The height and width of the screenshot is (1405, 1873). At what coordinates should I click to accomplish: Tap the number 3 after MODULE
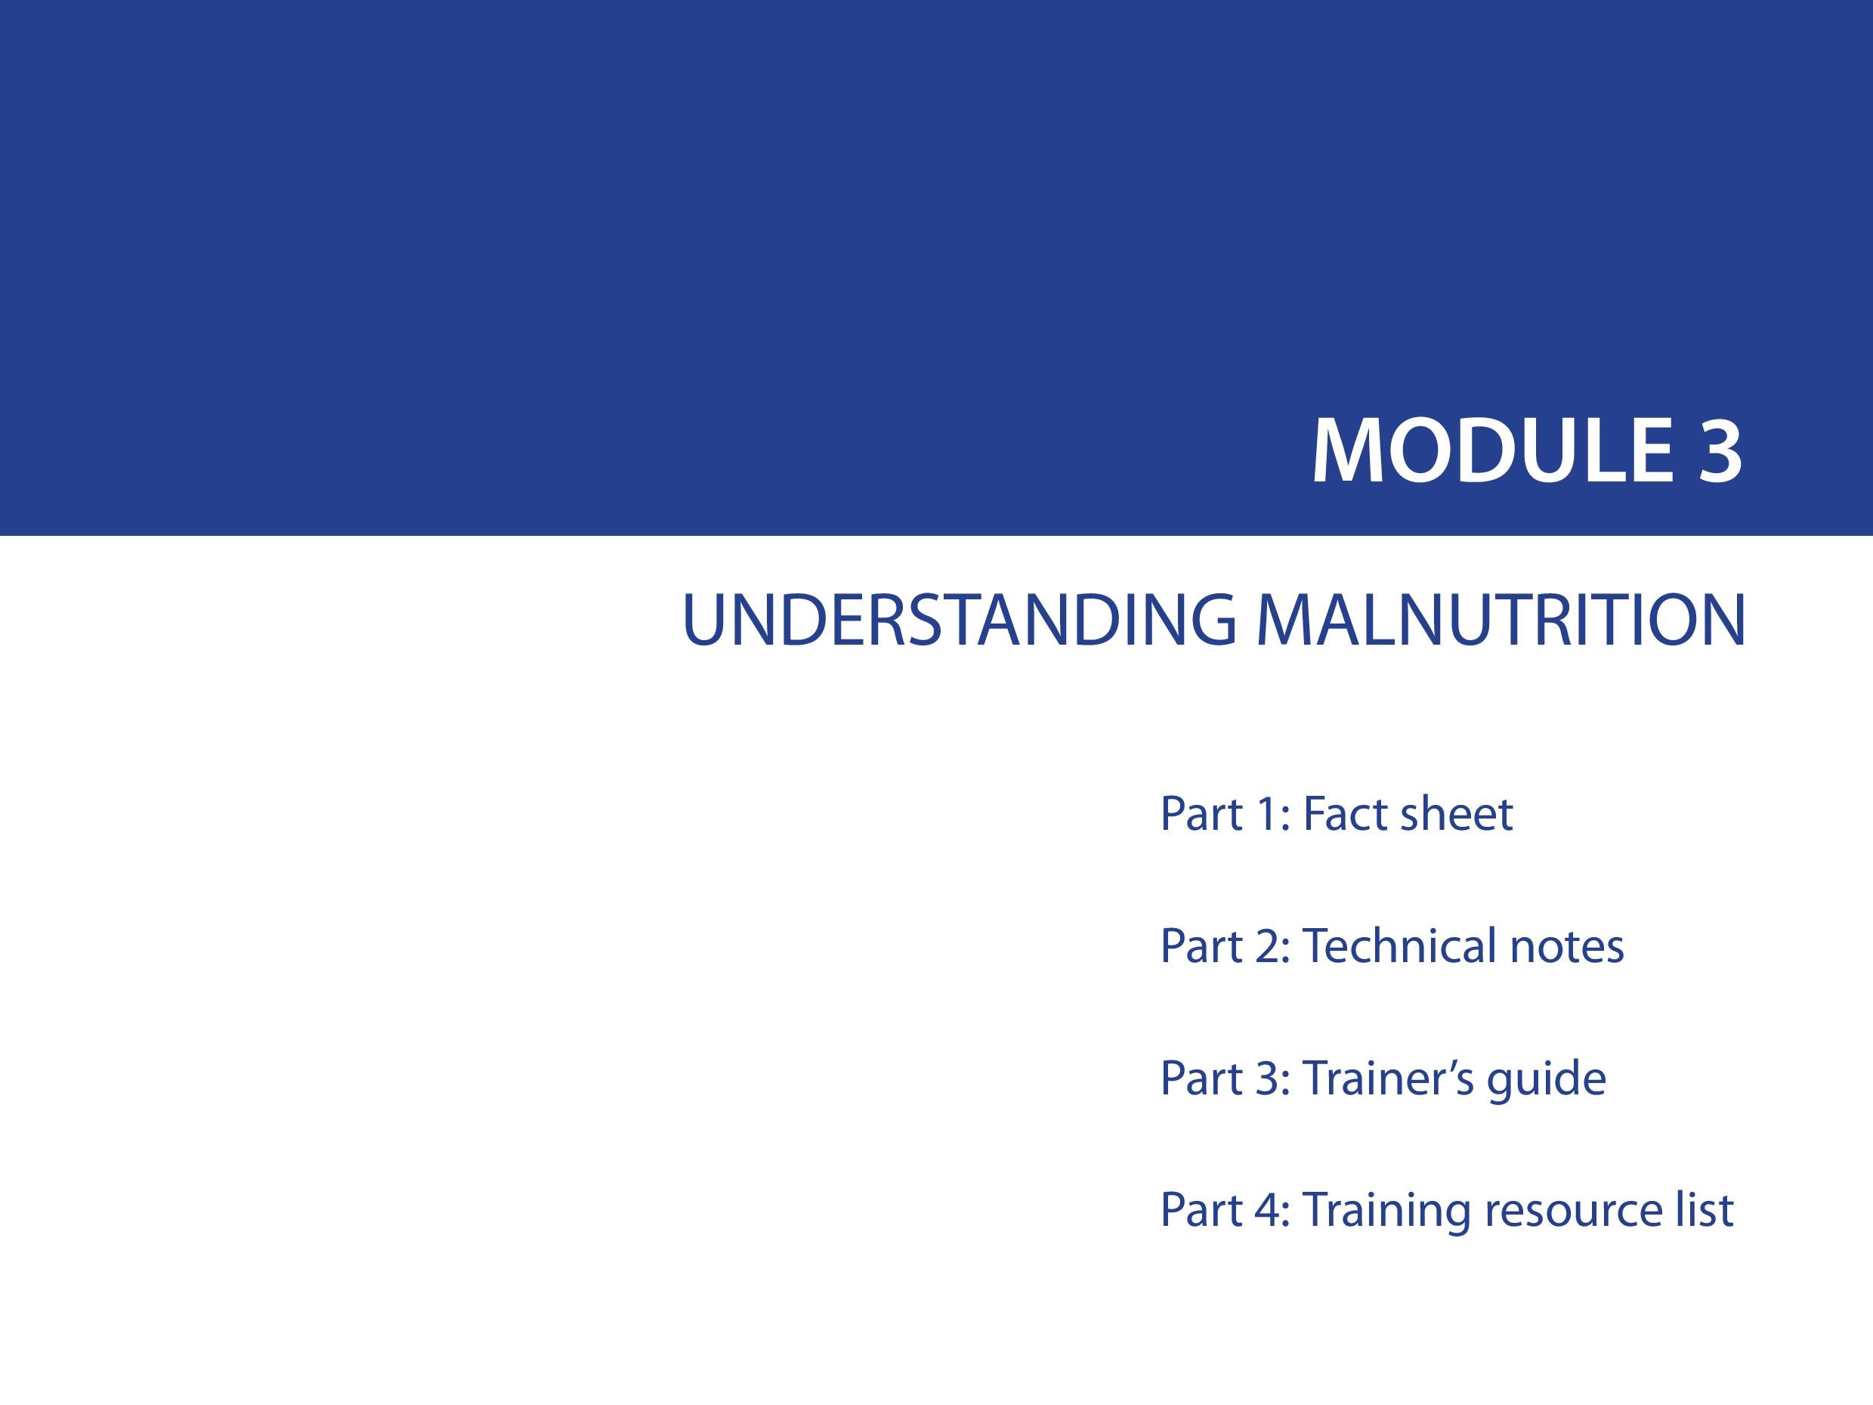(x=1719, y=451)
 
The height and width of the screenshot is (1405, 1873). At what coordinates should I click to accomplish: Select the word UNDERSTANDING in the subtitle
(x=959, y=620)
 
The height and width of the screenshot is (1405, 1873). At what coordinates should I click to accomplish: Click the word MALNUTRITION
(x=1501, y=620)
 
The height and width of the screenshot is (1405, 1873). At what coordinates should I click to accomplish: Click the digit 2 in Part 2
(x=1267, y=946)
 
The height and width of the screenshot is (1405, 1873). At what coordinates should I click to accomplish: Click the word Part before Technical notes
(x=1200, y=946)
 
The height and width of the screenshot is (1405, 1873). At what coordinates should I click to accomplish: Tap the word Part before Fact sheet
(x=1200, y=814)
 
